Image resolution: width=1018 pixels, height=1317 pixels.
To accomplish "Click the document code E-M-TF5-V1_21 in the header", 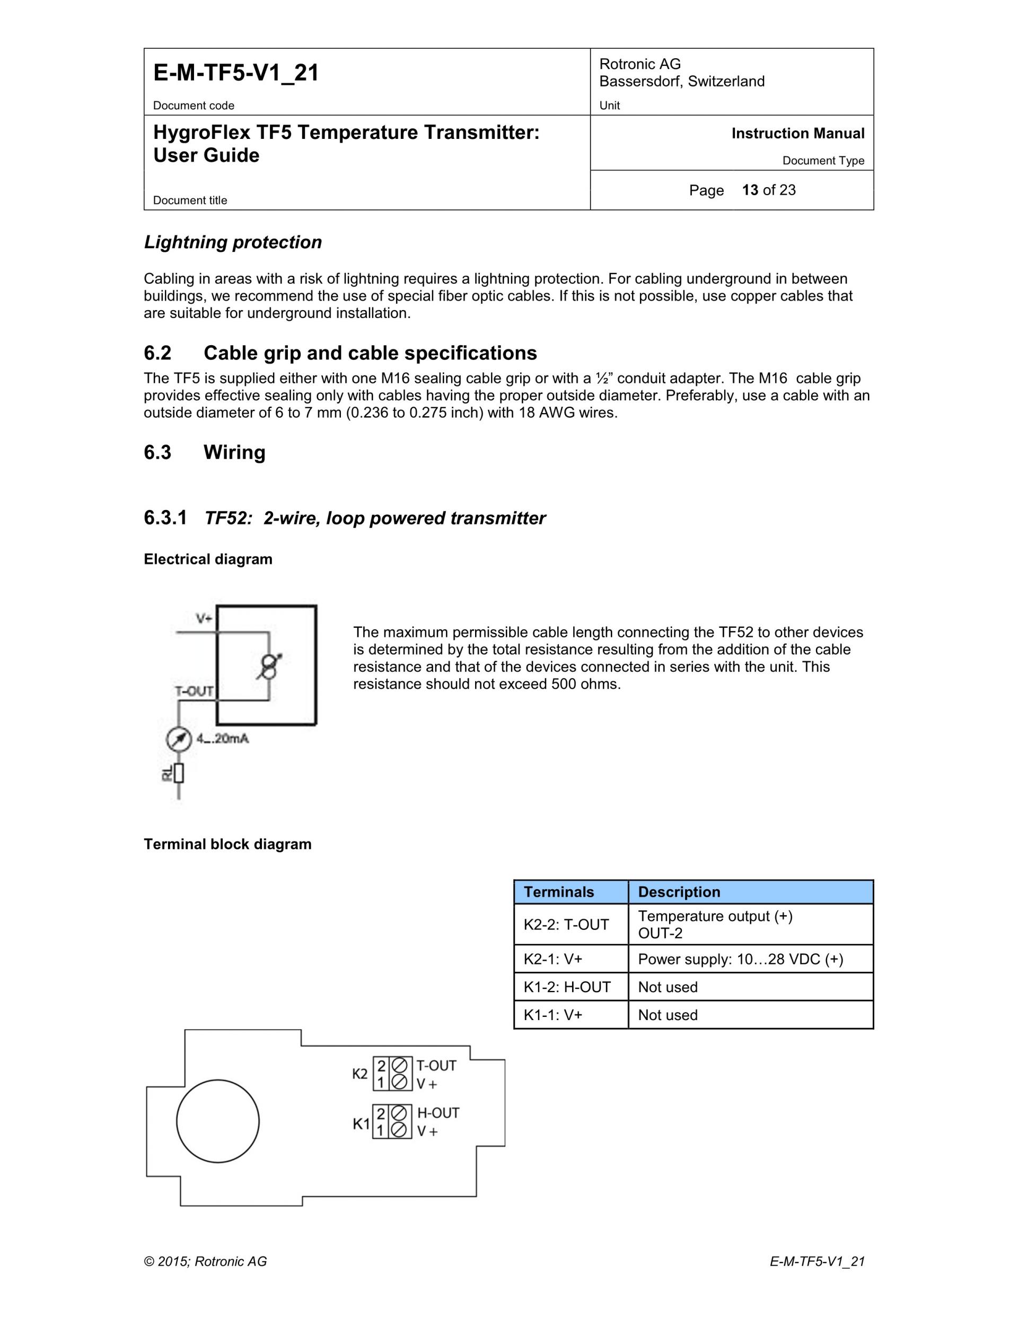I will [x=236, y=73].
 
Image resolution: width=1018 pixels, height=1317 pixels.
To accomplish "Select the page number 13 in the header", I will [x=750, y=190].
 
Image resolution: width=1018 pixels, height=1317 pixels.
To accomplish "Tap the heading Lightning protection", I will [x=233, y=242].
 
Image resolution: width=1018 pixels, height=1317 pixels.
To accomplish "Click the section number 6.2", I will [x=157, y=353].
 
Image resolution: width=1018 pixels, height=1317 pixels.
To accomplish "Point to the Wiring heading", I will [x=234, y=452].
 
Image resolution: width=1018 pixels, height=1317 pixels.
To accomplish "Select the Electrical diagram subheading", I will [x=208, y=559].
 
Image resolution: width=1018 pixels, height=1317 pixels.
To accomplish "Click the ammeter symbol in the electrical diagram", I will [x=179, y=739].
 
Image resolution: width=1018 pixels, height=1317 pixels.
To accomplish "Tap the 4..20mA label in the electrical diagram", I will [x=222, y=738].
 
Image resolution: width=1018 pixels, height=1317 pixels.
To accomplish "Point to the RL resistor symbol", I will [x=179, y=773].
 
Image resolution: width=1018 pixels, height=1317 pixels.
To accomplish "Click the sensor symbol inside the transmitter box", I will [x=269, y=666].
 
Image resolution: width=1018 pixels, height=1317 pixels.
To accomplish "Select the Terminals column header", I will [x=558, y=892].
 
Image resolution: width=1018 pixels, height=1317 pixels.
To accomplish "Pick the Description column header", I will [x=679, y=892].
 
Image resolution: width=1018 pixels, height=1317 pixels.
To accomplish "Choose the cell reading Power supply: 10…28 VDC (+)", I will [x=741, y=959].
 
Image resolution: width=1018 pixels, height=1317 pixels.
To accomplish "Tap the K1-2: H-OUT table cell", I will [x=567, y=987].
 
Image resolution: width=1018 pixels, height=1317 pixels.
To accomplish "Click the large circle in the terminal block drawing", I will [x=218, y=1121].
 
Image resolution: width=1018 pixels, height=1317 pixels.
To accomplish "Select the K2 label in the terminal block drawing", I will [x=360, y=1074].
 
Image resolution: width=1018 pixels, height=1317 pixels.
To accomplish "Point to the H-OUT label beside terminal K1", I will [x=438, y=1112].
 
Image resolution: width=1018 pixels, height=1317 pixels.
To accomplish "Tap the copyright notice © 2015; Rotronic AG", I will [x=205, y=1261].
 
